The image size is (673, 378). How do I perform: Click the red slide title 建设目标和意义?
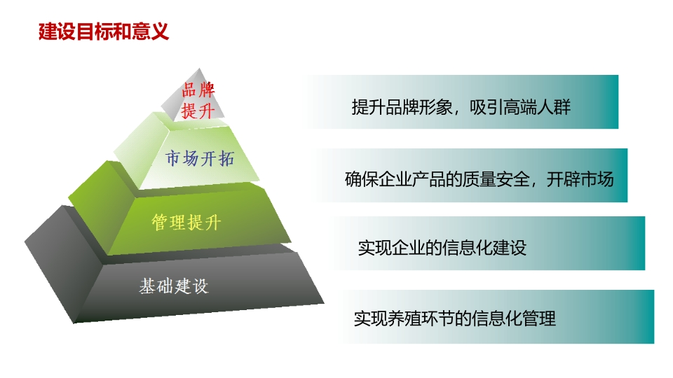(x=104, y=31)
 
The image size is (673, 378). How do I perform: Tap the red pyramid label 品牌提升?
(x=198, y=101)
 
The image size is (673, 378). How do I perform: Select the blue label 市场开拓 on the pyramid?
(x=200, y=158)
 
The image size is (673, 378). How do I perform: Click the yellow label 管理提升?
(x=186, y=223)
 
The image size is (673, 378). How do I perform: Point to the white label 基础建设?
(x=174, y=286)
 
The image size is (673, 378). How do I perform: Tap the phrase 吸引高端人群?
(x=520, y=106)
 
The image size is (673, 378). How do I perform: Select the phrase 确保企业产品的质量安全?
(x=437, y=179)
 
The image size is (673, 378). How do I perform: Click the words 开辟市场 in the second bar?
(x=580, y=179)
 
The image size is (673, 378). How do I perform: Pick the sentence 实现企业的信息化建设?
(x=442, y=248)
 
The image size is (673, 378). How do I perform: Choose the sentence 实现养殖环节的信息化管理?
(x=455, y=318)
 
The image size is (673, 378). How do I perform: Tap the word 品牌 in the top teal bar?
(x=402, y=106)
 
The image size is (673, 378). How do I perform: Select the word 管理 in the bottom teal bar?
(x=540, y=318)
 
